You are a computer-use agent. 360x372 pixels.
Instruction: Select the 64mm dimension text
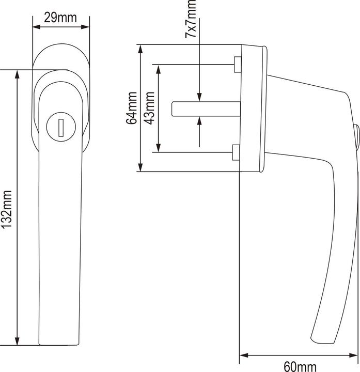point(133,108)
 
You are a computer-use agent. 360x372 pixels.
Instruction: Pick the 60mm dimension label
point(300,367)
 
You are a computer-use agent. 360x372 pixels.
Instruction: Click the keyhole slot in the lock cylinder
point(60,126)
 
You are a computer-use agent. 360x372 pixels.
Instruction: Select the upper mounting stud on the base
point(237,64)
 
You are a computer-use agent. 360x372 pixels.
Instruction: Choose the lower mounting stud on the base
point(236,153)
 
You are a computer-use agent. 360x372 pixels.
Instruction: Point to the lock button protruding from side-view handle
point(357,133)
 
